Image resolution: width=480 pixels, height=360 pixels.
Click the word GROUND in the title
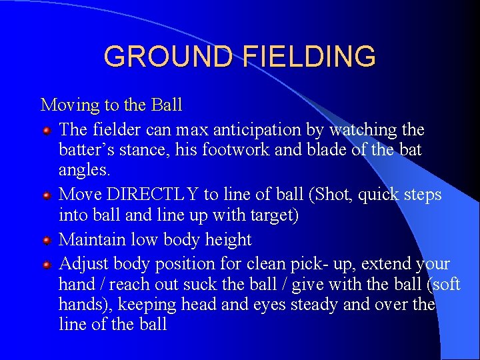(170, 57)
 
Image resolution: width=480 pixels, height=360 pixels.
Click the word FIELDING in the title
(309, 57)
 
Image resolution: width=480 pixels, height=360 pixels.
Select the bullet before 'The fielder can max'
(47, 129)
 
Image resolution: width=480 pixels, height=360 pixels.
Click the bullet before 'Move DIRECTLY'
(47, 195)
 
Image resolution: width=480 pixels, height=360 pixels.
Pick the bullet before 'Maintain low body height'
(47, 241)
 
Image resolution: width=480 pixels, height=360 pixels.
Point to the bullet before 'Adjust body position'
(47, 265)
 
